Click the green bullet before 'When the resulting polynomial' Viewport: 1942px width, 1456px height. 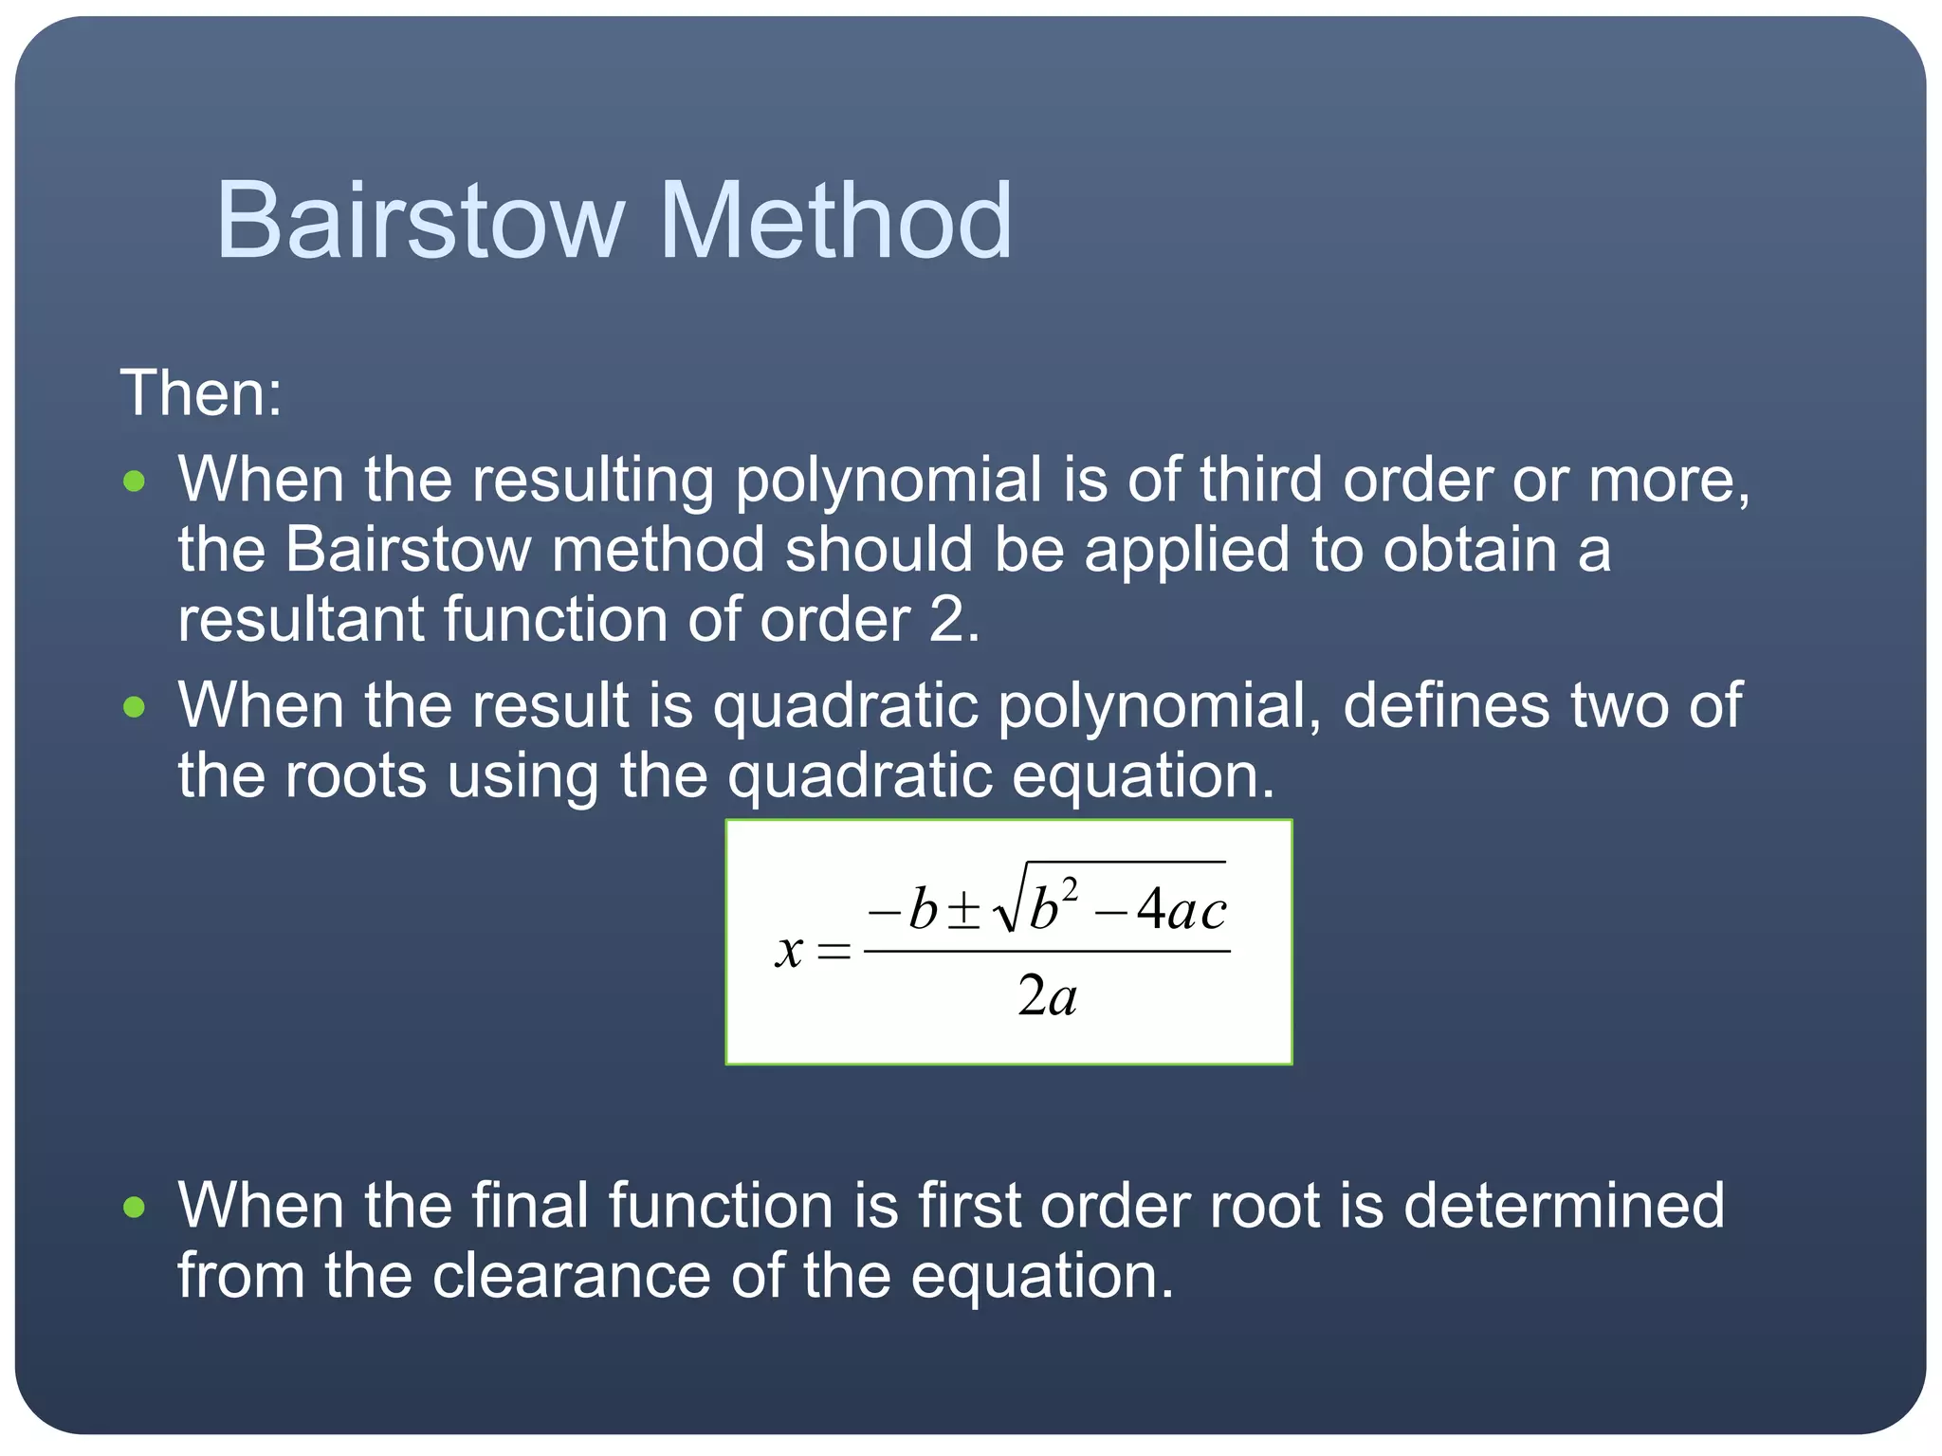(135, 481)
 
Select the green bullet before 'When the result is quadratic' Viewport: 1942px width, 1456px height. (135, 707)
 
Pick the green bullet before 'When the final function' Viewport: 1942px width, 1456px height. (135, 1207)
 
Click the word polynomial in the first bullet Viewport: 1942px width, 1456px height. (889, 481)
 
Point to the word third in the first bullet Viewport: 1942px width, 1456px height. (1260, 481)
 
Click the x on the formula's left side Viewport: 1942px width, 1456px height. (789, 950)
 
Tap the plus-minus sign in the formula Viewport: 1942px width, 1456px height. (964, 910)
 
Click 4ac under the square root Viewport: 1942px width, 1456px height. (1182, 910)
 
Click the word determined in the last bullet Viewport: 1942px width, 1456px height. (1564, 1207)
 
